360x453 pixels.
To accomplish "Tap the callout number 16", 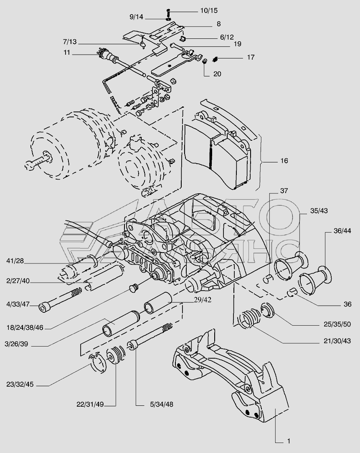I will coord(284,161).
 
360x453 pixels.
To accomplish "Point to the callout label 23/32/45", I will coord(20,385).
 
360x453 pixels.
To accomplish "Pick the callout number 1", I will coord(288,441).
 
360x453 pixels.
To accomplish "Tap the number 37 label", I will coord(284,191).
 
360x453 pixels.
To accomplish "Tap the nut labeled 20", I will coord(205,62).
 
